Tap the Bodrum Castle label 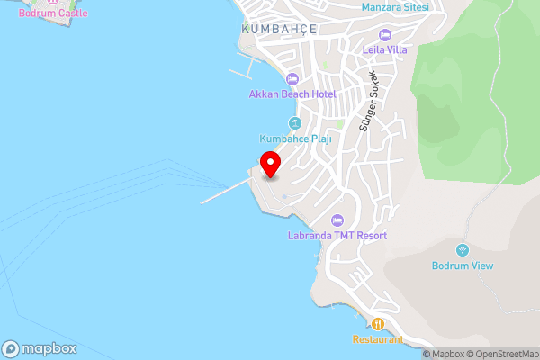(53, 13)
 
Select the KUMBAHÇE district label (280, 29)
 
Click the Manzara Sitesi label (394, 7)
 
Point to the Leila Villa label (385, 49)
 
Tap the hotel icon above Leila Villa (385, 34)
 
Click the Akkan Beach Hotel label (292, 94)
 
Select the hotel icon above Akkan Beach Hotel (292, 79)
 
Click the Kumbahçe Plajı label (295, 139)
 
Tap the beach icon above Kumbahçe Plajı (294, 123)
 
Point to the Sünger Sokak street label (369, 103)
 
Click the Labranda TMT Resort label (338, 236)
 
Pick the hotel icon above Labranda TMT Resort (338, 220)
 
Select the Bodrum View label (462, 265)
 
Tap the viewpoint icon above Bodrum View (463, 249)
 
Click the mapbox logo (40, 348)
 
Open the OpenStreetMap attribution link (502, 354)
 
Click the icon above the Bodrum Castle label (53, 2)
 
